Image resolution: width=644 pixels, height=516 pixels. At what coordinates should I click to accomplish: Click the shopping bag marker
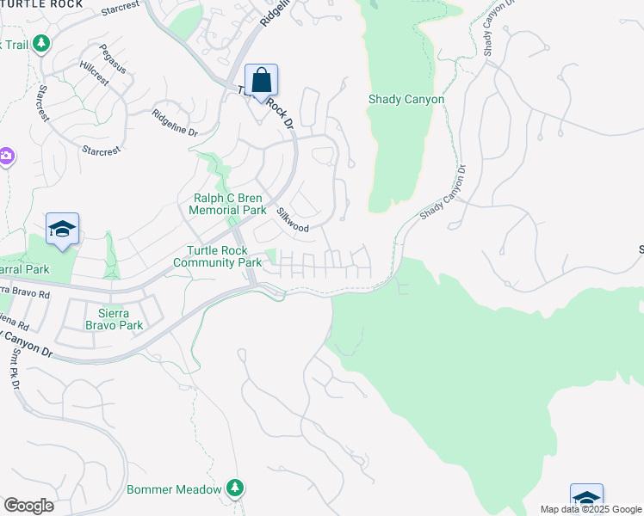click(x=262, y=81)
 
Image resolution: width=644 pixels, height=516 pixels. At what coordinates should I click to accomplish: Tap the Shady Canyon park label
click(x=406, y=99)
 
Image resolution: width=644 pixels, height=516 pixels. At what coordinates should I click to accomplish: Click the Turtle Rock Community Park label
click(x=218, y=256)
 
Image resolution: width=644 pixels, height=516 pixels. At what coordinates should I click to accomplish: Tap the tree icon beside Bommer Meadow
click(x=235, y=488)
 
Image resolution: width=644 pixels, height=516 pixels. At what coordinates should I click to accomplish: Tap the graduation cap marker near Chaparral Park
click(x=63, y=229)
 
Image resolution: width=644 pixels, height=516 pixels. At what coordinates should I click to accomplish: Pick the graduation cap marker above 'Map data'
click(x=586, y=498)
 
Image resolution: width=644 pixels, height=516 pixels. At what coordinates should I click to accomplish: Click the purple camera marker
click(x=6, y=156)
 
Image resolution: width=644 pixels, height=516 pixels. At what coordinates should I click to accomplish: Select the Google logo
click(x=28, y=506)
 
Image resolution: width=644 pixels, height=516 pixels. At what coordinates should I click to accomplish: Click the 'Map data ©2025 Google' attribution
click(x=591, y=509)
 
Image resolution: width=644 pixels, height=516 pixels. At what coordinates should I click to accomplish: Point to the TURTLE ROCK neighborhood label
click(x=41, y=4)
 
